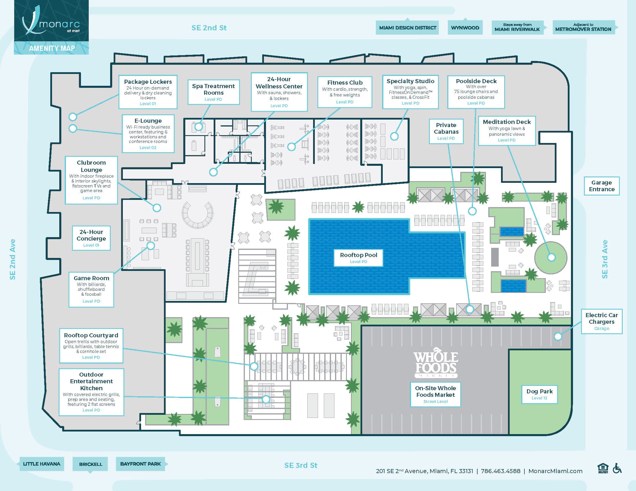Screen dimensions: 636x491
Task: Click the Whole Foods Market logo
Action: (436, 362)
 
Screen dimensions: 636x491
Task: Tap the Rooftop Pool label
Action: (358, 258)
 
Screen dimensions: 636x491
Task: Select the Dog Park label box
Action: (539, 394)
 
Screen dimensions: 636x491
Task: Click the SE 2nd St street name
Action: (209, 28)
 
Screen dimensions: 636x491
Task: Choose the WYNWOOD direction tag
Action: (465, 28)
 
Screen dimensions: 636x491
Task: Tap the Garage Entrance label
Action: (602, 186)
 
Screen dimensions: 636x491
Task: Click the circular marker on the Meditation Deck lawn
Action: (551, 257)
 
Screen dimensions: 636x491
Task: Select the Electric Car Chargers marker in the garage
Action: (558, 336)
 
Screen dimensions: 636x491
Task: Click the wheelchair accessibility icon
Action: (617, 468)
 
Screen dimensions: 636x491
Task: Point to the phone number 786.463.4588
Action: (501, 471)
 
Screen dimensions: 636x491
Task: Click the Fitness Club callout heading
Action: (345, 83)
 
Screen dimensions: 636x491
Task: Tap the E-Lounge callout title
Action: (148, 121)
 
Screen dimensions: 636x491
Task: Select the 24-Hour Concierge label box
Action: (91, 238)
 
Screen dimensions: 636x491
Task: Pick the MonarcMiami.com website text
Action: (555, 471)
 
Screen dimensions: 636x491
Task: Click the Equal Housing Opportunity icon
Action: (603, 468)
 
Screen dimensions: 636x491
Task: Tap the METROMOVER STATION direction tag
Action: (584, 27)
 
